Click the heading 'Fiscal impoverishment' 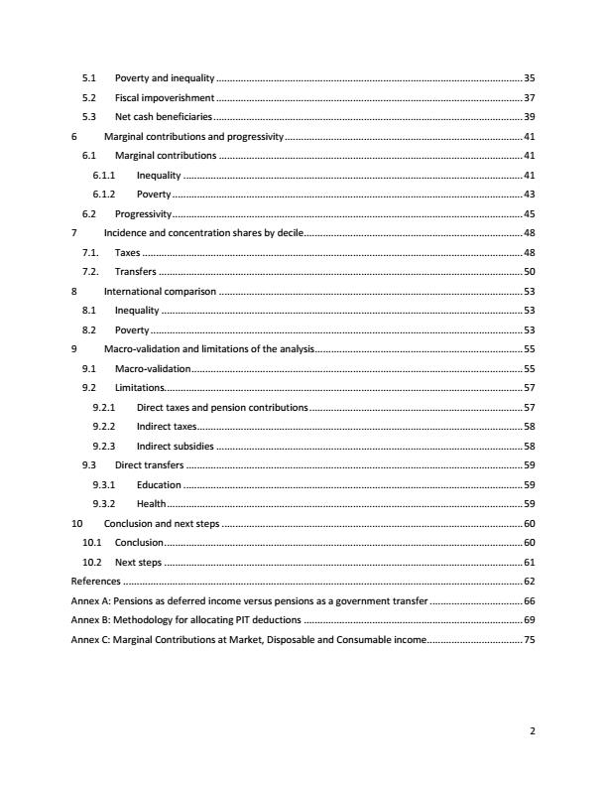pos(165,97)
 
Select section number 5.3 pos(88,117)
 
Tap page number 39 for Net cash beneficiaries pos(529,117)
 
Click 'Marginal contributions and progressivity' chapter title pos(193,136)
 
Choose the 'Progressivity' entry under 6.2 pos(144,213)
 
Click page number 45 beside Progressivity pos(529,213)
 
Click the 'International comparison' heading pos(160,291)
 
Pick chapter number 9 pos(74,349)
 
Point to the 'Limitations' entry pos(140,388)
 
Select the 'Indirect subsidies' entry pos(175,447)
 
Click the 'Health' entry pos(152,504)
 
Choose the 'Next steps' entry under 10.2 pos(138,563)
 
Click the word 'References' pos(95,582)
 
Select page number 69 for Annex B pos(529,620)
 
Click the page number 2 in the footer pos(533,731)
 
